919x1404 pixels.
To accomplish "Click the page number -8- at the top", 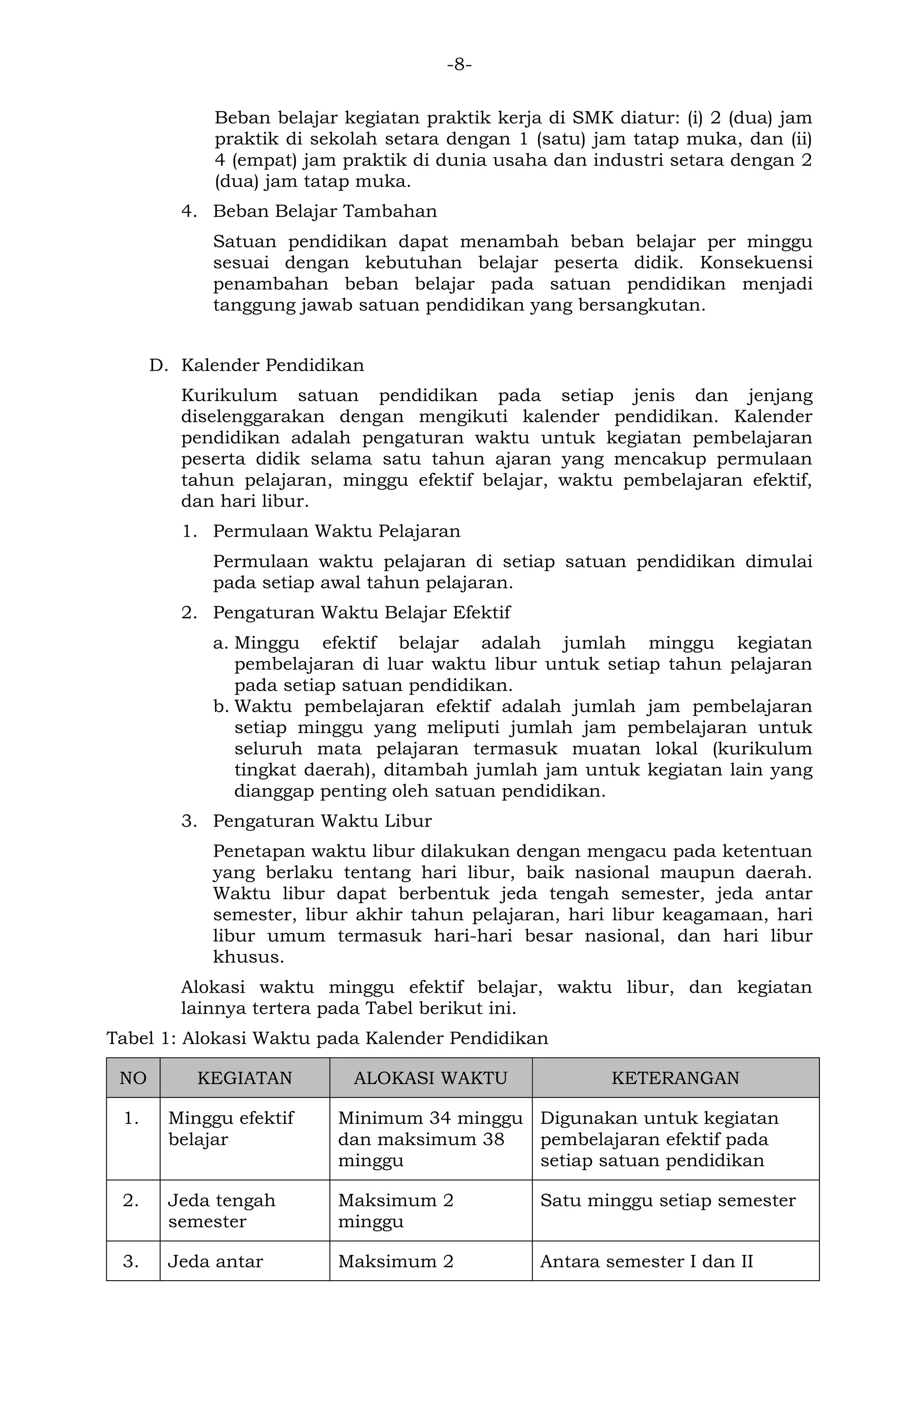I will pos(459,64).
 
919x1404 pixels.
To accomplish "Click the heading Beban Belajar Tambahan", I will pos(324,211).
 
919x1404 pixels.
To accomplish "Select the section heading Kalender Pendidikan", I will pos(272,365).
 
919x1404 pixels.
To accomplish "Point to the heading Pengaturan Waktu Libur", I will pos(322,821).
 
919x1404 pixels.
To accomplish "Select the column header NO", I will pos(133,1078).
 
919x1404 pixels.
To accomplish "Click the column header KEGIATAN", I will pos(244,1078).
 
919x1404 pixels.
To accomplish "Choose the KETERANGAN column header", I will pos(675,1078).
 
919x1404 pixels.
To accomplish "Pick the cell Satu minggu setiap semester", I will pos(668,1200).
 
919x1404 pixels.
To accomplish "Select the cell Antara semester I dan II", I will pos(647,1261).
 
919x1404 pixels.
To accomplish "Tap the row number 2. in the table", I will pos(131,1200).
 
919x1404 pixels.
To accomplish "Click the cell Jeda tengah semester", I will pos(221,1211).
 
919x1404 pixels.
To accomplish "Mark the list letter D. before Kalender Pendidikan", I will pos(158,365).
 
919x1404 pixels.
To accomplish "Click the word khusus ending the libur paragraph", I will pos(248,956).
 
